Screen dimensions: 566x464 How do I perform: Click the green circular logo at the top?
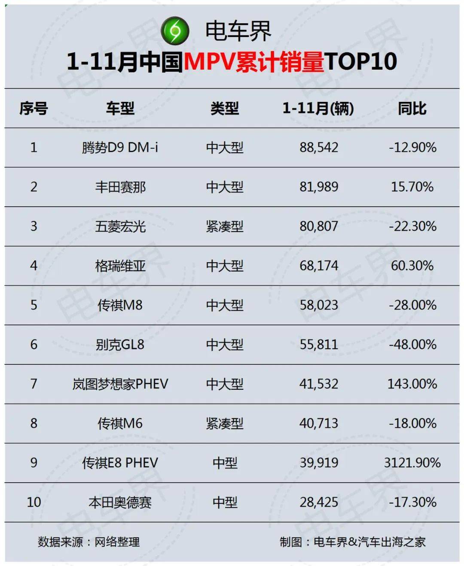[x=175, y=31]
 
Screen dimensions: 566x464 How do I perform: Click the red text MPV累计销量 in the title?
[x=253, y=61]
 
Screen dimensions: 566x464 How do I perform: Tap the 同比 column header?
[x=412, y=108]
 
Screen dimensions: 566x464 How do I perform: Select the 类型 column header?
[x=224, y=108]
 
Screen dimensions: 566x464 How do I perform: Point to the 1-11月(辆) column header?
[x=318, y=108]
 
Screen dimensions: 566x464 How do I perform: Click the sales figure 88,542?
[x=319, y=147]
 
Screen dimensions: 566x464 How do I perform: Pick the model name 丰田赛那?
[x=120, y=187]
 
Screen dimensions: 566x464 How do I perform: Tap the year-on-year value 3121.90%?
[x=412, y=462]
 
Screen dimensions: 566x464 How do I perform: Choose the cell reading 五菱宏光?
[x=120, y=226]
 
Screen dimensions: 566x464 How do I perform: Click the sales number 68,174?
[x=319, y=266]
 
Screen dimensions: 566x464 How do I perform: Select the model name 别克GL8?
[x=120, y=344]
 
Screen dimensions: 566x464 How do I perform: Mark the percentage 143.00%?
[x=412, y=384]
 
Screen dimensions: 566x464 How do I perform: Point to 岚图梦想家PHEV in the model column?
[x=120, y=384]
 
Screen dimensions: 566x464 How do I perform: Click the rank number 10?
[x=34, y=502]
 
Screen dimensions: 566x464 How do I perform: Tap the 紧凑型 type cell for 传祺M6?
[x=224, y=423]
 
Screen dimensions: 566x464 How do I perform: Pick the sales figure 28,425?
[x=319, y=502]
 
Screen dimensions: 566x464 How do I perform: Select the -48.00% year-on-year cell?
[x=412, y=344]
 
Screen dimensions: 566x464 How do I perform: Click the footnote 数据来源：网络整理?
[x=89, y=542]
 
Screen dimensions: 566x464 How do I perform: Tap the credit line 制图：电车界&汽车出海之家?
[x=352, y=542]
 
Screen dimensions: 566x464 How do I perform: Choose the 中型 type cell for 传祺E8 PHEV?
[x=225, y=462]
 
